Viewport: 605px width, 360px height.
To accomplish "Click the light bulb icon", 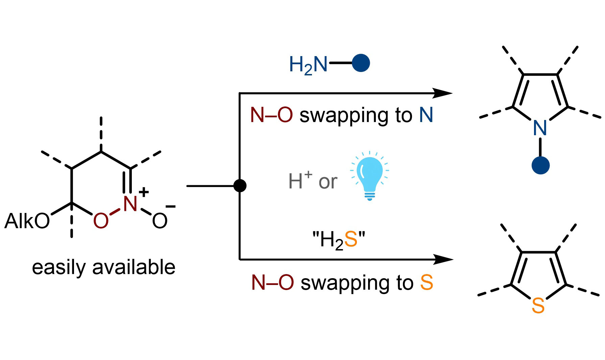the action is tap(369, 176).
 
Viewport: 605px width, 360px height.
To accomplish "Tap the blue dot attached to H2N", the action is tap(361, 63).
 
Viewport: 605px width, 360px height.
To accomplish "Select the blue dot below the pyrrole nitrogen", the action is tap(540, 165).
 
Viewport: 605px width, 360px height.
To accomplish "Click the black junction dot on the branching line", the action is tap(240, 186).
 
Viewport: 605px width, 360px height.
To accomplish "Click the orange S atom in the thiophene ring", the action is tap(538, 306).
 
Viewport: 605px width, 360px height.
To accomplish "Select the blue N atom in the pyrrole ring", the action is tap(540, 128).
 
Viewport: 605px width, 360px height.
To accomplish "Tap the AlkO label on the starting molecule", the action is tap(27, 221).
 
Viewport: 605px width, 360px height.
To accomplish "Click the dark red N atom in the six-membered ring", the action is tap(130, 204).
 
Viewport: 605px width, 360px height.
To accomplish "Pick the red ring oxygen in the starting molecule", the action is tap(101, 221).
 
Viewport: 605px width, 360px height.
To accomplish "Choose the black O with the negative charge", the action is tap(160, 221).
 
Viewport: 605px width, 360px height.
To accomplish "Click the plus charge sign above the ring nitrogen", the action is tap(144, 192).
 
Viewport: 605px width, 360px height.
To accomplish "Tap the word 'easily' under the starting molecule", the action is tap(59, 268).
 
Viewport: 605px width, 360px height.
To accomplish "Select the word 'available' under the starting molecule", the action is tap(134, 267).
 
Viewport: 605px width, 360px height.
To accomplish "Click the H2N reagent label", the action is tap(308, 65).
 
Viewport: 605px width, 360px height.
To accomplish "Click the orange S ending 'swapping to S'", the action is tap(427, 283).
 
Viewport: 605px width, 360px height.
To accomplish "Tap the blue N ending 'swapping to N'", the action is tap(426, 115).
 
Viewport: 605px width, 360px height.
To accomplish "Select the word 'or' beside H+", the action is tap(328, 183).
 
